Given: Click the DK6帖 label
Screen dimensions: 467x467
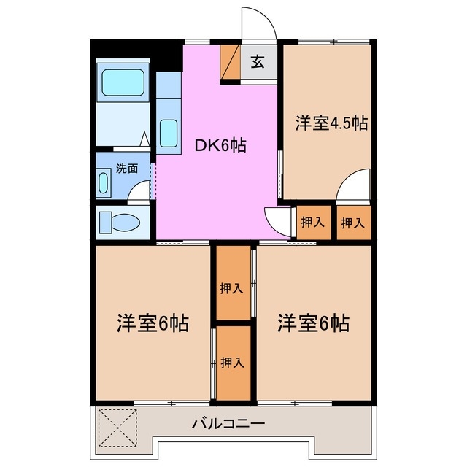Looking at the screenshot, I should point(220,146).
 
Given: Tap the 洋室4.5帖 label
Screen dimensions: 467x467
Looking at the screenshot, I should point(331,123).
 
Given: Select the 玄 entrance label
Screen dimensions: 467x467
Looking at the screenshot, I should point(258,63).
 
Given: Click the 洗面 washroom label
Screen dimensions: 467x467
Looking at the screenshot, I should point(127,168).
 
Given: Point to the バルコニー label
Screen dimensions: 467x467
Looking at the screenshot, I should point(228,423).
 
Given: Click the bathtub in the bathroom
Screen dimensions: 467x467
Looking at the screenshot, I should point(124,83).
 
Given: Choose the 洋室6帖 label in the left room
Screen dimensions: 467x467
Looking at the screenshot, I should point(153,323).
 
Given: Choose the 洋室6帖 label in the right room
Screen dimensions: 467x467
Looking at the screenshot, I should point(312,323).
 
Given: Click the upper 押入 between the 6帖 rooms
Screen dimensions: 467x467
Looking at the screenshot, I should point(231,288).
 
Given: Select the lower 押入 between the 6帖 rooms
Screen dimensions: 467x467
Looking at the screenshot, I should point(231,362).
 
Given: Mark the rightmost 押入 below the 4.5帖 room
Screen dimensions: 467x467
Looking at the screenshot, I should point(353,223).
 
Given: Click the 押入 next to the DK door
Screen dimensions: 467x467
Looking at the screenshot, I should point(312,223).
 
